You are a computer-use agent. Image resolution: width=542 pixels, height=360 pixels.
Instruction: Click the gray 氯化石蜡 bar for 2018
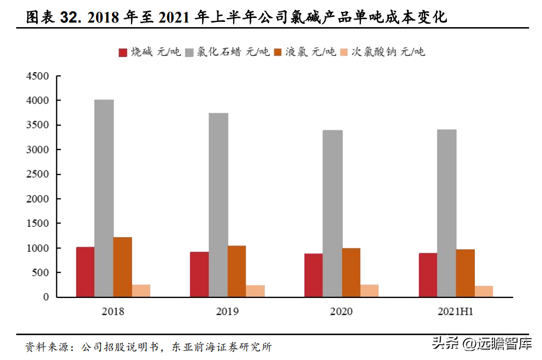coord(104,198)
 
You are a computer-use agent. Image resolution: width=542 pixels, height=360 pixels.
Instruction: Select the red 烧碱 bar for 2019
coord(199,274)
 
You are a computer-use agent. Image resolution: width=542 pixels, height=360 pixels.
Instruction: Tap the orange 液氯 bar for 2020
coord(351,273)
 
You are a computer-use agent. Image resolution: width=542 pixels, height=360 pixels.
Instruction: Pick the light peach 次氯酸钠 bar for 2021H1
coord(484,291)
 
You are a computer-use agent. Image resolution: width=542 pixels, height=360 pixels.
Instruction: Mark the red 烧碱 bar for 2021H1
coord(428,275)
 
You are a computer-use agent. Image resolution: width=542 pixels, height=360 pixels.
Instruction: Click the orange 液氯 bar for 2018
coord(123,267)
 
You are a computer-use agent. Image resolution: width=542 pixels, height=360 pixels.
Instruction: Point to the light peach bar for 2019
coord(255,291)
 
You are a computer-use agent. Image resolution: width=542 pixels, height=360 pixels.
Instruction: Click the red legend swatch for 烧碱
coord(123,52)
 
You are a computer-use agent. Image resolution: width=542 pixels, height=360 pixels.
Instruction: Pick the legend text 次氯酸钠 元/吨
coord(388,52)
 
